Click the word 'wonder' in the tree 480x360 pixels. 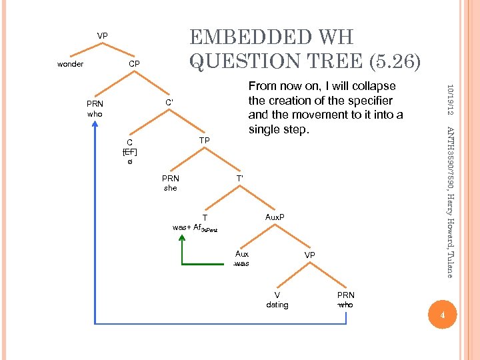click(x=70, y=64)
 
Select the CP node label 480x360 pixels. click(x=134, y=64)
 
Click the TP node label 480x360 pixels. click(x=205, y=140)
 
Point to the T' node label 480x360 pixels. click(x=241, y=178)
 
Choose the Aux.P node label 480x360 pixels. click(x=275, y=217)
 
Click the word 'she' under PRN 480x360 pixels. click(x=171, y=188)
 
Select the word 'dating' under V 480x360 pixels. click(x=277, y=305)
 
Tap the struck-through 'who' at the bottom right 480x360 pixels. click(x=346, y=305)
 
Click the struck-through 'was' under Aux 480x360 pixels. click(x=242, y=263)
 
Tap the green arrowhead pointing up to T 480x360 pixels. click(x=181, y=241)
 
